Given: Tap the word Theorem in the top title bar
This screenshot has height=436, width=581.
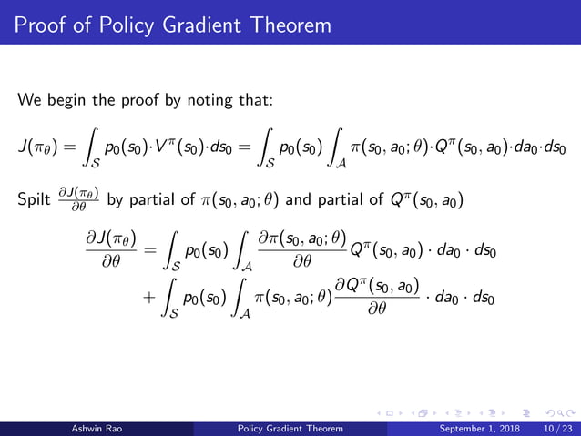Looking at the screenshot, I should click(287, 24).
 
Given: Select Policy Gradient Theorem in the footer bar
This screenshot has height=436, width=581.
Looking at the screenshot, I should click(290, 428).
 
